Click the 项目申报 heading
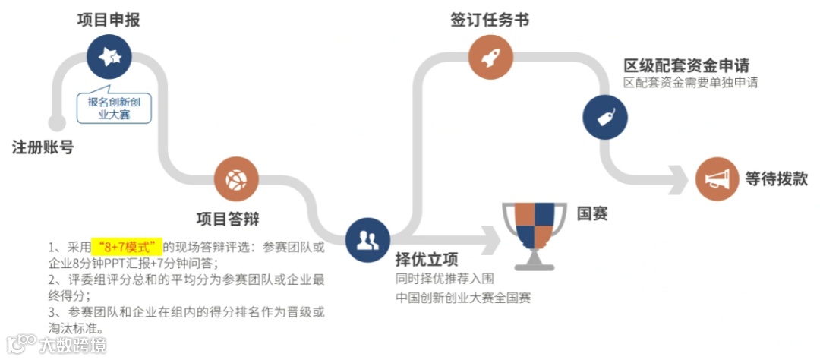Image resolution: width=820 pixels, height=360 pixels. (x=108, y=20)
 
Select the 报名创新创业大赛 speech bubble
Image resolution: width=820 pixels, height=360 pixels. (x=114, y=107)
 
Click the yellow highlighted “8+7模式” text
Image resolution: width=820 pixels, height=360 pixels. (x=127, y=247)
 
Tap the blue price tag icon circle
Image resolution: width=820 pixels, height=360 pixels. (x=604, y=117)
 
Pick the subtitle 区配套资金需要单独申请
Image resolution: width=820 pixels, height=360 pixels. (x=690, y=82)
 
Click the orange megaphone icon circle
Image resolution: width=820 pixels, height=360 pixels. (x=717, y=179)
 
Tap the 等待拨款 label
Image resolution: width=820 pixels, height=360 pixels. (x=775, y=179)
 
